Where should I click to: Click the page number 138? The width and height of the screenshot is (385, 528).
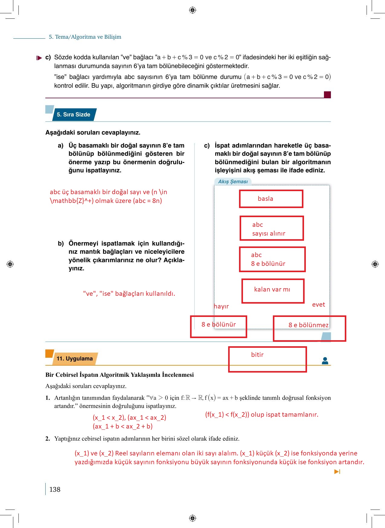tap(55, 489)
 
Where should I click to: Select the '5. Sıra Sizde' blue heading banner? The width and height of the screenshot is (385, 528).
tap(74, 115)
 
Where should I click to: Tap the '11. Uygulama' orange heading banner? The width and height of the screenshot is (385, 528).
tap(74, 359)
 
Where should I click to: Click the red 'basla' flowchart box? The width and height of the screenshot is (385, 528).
tap(271, 199)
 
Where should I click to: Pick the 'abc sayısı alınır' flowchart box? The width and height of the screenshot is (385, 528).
tap(271, 229)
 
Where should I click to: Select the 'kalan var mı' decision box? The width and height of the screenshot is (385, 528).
tap(273, 291)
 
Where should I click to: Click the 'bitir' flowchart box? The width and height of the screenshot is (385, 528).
tap(267, 359)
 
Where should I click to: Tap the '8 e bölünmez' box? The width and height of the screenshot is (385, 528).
tap(309, 328)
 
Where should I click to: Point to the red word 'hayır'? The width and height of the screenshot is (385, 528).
tap(221, 306)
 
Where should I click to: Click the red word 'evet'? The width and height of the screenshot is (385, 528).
tap(319, 305)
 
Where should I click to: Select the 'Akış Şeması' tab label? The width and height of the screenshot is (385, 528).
tap(233, 181)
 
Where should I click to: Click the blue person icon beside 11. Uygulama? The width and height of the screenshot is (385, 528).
tap(325, 360)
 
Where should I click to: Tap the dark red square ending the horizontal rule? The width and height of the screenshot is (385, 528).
tap(327, 95)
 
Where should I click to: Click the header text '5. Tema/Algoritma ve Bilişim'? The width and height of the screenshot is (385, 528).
tap(85, 37)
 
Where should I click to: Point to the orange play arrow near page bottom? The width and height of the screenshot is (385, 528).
tap(337, 472)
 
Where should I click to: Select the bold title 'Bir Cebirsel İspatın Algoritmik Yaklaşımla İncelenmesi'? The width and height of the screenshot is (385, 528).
tap(119, 375)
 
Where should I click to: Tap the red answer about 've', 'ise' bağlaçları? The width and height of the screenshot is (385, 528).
tap(129, 294)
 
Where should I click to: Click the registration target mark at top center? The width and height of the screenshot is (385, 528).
tap(192, 10)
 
